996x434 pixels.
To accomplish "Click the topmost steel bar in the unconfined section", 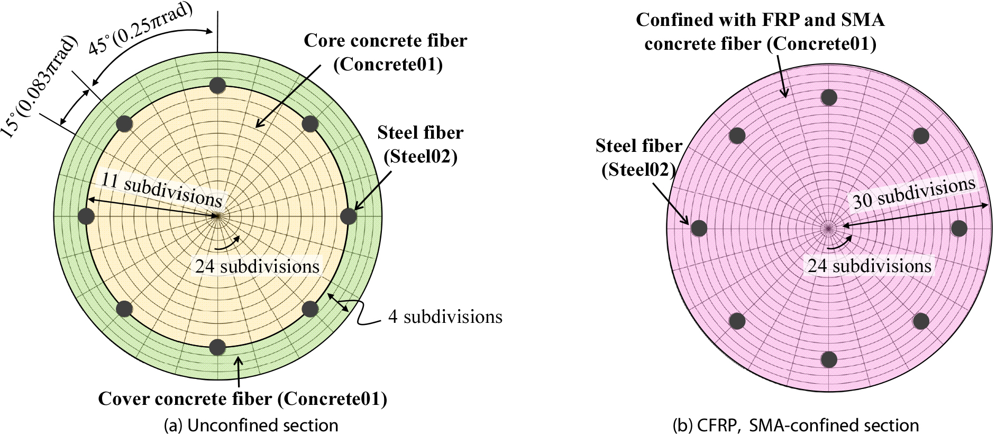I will [x=217, y=85].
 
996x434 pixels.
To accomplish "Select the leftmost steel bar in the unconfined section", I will [x=86, y=216].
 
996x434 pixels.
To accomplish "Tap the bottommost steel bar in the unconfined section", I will [x=217, y=347].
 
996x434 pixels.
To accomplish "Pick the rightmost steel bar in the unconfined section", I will [x=348, y=216].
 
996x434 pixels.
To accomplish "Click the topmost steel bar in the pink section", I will [x=829, y=97].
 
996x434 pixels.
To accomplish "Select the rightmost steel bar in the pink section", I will [x=959, y=229].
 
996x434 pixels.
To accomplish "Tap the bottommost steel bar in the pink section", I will [x=829, y=359].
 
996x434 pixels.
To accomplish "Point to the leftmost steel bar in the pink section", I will [x=699, y=228].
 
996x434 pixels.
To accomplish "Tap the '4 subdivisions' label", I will [x=445, y=317].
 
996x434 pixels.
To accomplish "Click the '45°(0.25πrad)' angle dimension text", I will [x=140, y=29].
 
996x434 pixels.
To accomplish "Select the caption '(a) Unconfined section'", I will [x=251, y=425].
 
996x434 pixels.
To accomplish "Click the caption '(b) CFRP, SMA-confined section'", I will [x=796, y=425].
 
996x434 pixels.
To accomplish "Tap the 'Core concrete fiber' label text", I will [x=385, y=41].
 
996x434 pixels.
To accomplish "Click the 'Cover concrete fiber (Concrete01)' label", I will [x=242, y=399].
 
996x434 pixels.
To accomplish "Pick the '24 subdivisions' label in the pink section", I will [x=869, y=266].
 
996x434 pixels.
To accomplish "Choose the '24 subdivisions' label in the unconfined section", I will [x=257, y=266].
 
